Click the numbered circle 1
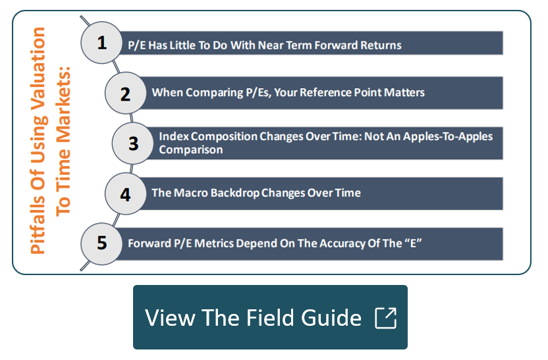101,43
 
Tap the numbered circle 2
125,93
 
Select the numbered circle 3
132,143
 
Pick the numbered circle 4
125,193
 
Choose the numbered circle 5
101,244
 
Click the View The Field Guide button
270,317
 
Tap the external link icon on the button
385,318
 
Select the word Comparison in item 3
191,150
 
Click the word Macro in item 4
191,193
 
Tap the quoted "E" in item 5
414,243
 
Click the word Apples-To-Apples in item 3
448,136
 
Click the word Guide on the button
331,318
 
